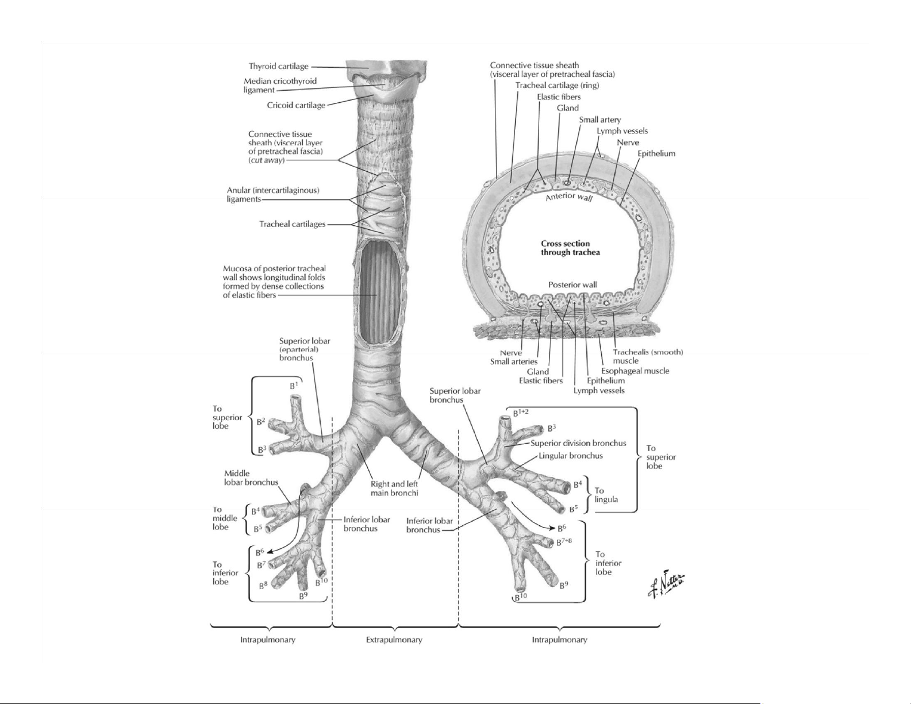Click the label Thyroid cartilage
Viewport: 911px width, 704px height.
pyautogui.click(x=278, y=67)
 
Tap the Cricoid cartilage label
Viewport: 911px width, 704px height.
pyautogui.click(x=296, y=105)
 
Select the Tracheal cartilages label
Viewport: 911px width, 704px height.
pyautogui.click(x=292, y=224)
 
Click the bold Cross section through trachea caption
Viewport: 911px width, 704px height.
pyautogui.click(x=570, y=248)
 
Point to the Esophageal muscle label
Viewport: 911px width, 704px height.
pyautogui.click(x=635, y=371)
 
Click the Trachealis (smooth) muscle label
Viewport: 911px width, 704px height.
pyautogui.click(x=647, y=356)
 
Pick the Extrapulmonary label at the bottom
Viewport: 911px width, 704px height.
pyautogui.click(x=394, y=640)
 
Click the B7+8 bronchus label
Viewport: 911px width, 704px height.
pyautogui.click(x=563, y=541)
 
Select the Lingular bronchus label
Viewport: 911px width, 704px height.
pyautogui.click(x=571, y=456)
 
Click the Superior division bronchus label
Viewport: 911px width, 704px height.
pyautogui.click(x=578, y=443)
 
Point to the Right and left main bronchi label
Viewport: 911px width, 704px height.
pyautogui.click(x=395, y=488)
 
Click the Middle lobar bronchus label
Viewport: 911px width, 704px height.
pyautogui.click(x=251, y=478)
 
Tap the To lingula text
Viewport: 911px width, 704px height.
pyautogui.click(x=606, y=495)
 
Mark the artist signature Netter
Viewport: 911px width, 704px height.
pyautogui.click(x=666, y=587)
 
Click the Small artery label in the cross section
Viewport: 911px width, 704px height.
pyautogui.click(x=599, y=120)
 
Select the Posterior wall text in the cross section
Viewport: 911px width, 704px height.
pyautogui.click(x=572, y=284)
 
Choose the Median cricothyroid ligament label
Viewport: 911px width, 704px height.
pyautogui.click(x=280, y=85)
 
